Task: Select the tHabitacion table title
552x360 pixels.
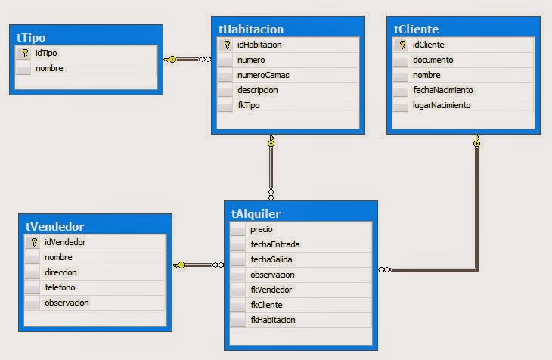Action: [251, 29]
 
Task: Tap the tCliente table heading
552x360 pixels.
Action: [417, 29]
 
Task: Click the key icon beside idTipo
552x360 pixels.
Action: [23, 54]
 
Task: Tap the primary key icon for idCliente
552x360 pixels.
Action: [402, 45]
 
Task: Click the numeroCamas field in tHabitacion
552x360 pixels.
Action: [262, 75]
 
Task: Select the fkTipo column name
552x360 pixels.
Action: [249, 105]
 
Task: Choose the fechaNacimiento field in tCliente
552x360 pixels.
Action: [442, 90]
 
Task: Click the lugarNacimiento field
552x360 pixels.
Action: [441, 105]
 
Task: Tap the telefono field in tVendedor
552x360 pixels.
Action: [60, 287]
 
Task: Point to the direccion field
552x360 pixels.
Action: [60, 272]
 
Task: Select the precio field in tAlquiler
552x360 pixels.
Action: [261, 229]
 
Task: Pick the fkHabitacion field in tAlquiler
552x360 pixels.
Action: [273, 320]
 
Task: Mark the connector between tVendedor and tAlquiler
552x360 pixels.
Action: [198, 265]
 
